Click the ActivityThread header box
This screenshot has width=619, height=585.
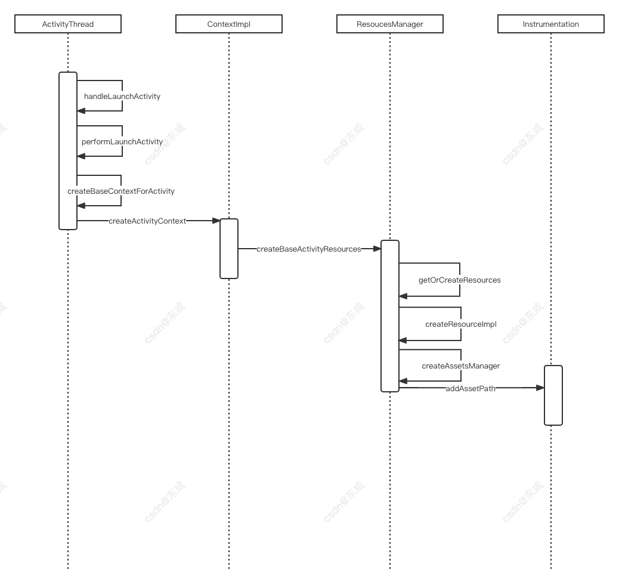(x=68, y=24)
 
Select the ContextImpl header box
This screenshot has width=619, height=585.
(x=229, y=24)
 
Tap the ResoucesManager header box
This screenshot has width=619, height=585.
(x=390, y=24)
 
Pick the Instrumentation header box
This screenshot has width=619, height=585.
(x=551, y=24)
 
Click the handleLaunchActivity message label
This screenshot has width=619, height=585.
(x=122, y=96)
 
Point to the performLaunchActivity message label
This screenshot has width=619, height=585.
(x=122, y=142)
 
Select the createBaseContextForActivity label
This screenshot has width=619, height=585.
(x=121, y=191)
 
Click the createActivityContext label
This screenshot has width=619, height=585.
(x=147, y=221)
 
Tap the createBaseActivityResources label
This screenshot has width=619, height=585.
(x=309, y=249)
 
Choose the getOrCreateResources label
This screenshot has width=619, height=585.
(x=460, y=280)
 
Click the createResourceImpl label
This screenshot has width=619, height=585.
(x=461, y=324)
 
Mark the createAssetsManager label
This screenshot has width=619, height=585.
(x=461, y=366)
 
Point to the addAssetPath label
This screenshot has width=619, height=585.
(x=471, y=389)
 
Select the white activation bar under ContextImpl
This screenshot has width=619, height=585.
(x=229, y=248)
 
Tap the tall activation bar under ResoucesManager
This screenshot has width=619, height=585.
(x=390, y=315)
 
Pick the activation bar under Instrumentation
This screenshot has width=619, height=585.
(x=553, y=395)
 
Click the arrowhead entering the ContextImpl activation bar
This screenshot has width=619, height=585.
(x=216, y=221)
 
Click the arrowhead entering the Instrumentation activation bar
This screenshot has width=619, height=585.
(x=540, y=388)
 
